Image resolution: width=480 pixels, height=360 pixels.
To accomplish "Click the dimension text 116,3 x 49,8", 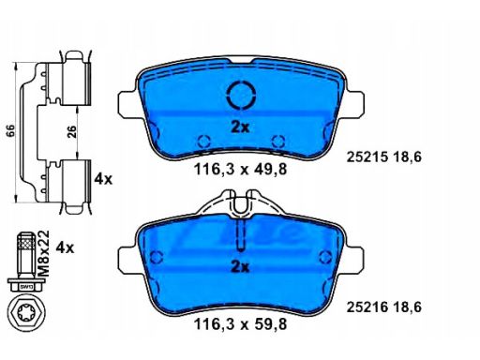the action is pyautogui.click(x=240, y=170).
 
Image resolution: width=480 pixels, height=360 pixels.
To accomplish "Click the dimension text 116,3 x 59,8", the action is pyautogui.click(x=240, y=324).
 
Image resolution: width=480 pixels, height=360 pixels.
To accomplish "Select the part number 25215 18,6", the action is pyautogui.click(x=384, y=157).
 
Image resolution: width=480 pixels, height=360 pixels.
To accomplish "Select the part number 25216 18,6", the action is pyautogui.click(x=384, y=307).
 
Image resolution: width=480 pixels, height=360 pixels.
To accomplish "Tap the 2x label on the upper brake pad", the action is pyautogui.click(x=240, y=127).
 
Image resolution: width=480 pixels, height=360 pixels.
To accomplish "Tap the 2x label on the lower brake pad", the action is pyautogui.click(x=240, y=267).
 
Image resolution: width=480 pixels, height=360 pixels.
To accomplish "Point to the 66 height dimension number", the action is pyautogui.click(x=10, y=131).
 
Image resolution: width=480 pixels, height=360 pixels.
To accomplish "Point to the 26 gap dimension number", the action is pyautogui.click(x=71, y=132).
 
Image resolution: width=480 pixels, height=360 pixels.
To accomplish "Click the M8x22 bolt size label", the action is pyautogui.click(x=44, y=253).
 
